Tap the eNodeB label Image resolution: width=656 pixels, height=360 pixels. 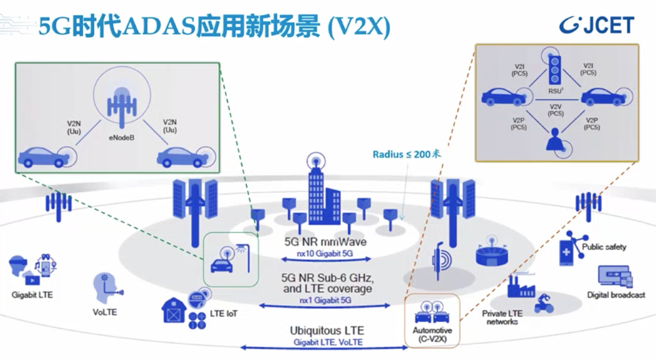point(122,137)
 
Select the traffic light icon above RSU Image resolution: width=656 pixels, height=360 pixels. point(555,67)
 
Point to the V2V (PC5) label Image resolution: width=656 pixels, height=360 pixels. point(555,110)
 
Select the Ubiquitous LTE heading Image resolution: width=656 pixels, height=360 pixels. point(327,331)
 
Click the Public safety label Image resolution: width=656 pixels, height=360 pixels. point(604,247)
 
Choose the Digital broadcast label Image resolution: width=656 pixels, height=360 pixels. point(615,295)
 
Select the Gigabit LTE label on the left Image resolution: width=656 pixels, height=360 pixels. point(31,295)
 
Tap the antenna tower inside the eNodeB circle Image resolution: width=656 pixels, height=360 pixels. point(121,103)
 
